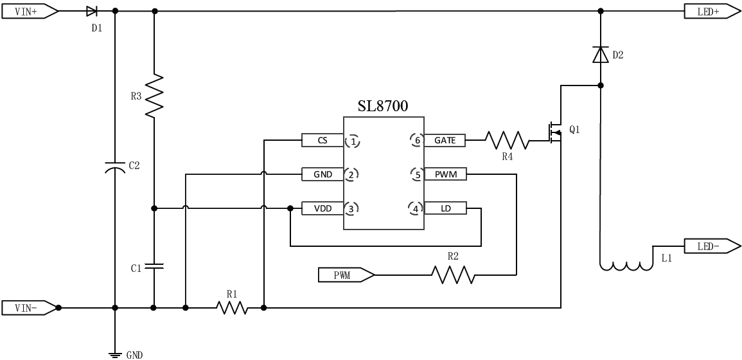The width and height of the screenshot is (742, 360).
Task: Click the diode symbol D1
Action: pyautogui.click(x=91, y=11)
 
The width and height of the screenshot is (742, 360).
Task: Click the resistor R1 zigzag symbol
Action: pyautogui.click(x=233, y=308)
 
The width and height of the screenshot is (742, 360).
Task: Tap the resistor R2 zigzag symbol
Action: pyautogui.click(x=453, y=275)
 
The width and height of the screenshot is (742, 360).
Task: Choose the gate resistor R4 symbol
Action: pyautogui.click(x=507, y=139)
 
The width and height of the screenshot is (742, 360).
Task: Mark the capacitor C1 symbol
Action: pyautogui.click(x=154, y=265)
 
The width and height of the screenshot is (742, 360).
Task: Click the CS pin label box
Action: pyautogui.click(x=322, y=139)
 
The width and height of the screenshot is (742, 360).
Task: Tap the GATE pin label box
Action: pyautogui.click(x=445, y=139)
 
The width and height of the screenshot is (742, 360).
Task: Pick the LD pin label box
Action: pyautogui.click(x=445, y=208)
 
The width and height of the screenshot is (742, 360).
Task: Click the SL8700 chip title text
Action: pyautogui.click(x=382, y=105)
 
